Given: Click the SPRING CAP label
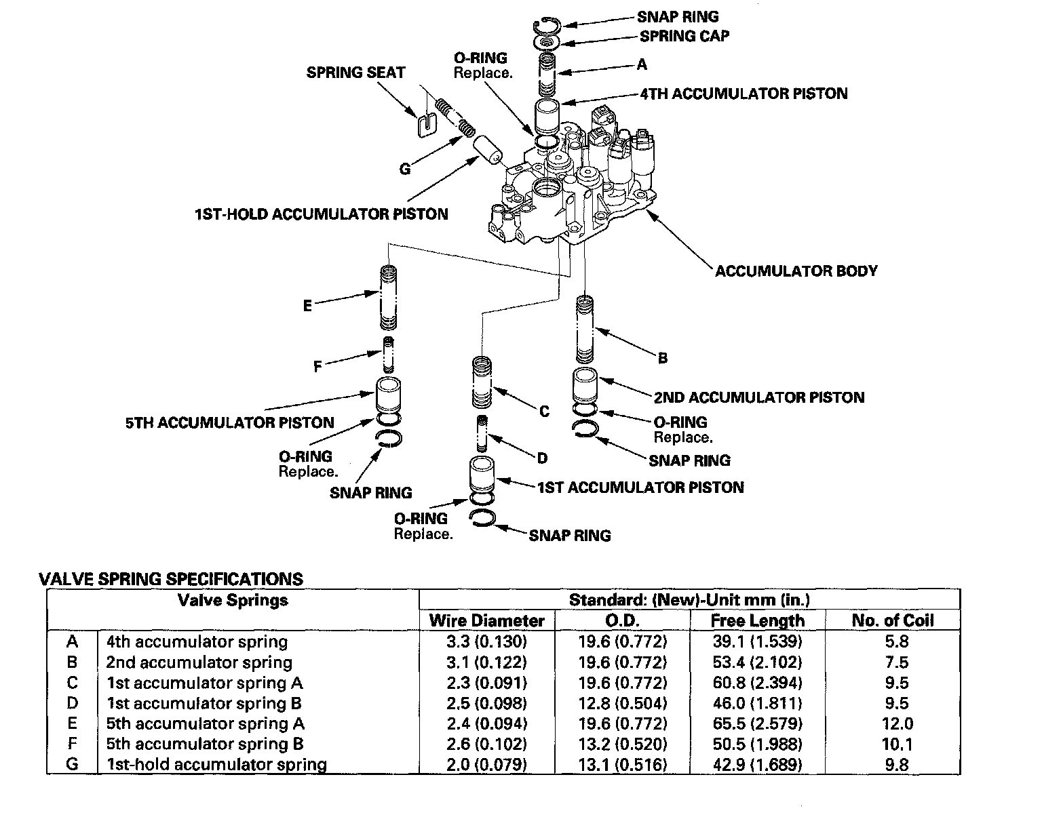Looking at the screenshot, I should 684,36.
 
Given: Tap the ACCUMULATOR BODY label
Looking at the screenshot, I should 796,271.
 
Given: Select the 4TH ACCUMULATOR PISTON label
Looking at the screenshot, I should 743,94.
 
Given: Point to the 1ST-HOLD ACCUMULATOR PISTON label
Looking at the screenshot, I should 321,214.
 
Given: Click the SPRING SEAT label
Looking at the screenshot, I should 355,73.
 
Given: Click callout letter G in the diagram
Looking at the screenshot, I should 405,169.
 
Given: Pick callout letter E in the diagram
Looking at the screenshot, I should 308,306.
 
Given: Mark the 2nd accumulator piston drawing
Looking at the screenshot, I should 585,385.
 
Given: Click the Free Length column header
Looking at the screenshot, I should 757,620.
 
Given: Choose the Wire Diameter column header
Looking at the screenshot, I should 486,620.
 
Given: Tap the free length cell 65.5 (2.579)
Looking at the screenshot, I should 757,723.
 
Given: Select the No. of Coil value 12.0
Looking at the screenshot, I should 897,723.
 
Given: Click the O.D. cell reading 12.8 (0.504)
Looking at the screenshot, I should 622,703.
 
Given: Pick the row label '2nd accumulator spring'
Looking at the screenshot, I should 199,662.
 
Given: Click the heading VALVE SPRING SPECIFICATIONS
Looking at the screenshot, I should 171,579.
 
